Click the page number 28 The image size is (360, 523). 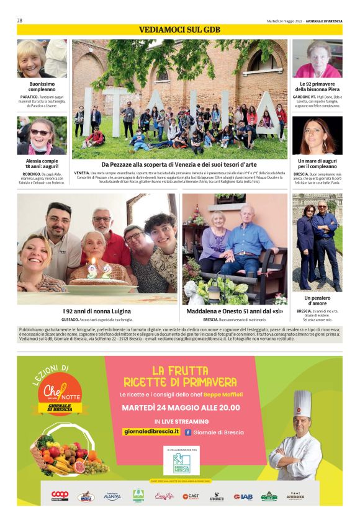click(x=20, y=20)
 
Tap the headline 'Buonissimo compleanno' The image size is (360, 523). click(x=42, y=86)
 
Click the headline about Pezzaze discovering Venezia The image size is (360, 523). click(x=179, y=164)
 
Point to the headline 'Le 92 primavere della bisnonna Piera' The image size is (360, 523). click(x=317, y=86)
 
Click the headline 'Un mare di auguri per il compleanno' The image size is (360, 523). click(x=317, y=163)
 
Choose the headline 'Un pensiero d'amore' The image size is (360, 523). click(x=317, y=301)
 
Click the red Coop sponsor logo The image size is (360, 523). click(x=60, y=496)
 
